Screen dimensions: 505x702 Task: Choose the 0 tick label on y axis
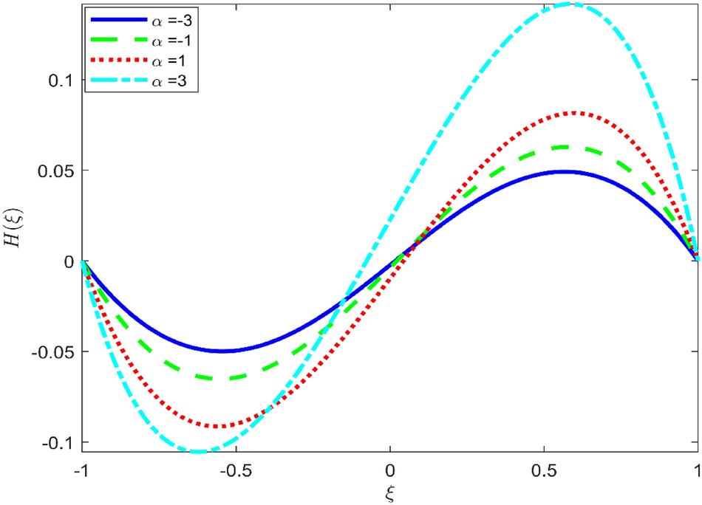69,261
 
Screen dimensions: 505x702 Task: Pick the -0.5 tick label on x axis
235,470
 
